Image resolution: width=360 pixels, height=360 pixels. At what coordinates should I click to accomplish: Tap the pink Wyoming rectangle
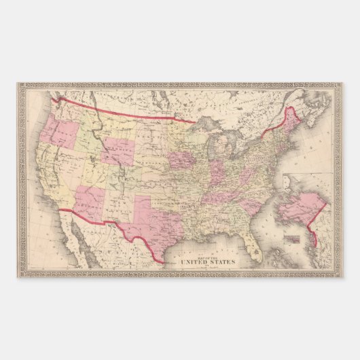coord(120,151)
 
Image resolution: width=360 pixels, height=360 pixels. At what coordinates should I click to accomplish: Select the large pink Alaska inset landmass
coord(299,204)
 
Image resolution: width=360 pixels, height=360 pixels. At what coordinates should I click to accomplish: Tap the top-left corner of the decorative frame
coord(21,86)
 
